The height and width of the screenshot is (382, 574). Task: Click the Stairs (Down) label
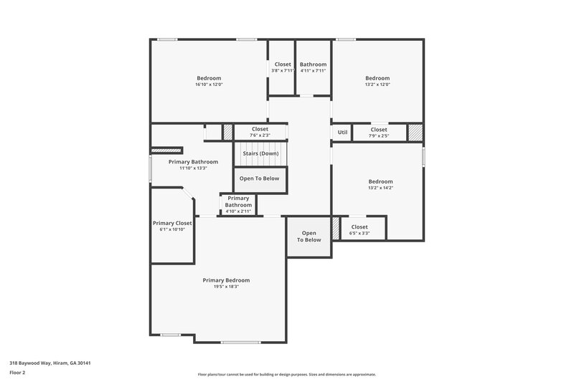pos(260,153)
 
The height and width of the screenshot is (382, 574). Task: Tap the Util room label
pos(342,133)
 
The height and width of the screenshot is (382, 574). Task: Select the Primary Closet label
pos(173,223)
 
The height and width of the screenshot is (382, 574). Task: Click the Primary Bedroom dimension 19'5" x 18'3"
pos(226,287)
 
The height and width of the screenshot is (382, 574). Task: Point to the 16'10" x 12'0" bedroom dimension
pos(209,85)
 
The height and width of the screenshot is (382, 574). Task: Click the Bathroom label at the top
pos(313,64)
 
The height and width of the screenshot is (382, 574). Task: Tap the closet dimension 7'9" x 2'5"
pos(379,135)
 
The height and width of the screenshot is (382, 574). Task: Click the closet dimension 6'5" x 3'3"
pos(359,233)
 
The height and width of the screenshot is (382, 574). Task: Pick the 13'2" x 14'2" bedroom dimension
pos(380,188)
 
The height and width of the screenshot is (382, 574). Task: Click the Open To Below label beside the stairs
pos(260,178)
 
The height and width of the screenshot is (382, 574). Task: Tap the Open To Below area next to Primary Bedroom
pos(309,237)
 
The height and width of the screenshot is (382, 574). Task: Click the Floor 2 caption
pos(17,373)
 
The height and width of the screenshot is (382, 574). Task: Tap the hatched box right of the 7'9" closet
pos(415,133)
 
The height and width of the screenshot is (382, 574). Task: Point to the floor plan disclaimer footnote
pos(286,374)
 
